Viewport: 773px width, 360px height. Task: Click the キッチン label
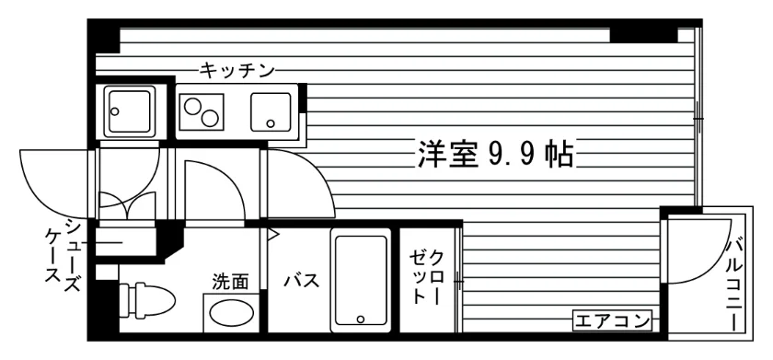pos(237,72)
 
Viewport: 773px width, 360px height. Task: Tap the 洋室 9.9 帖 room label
pos(494,155)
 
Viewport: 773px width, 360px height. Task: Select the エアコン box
pos(612,321)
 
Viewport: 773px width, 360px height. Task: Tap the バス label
pos(302,282)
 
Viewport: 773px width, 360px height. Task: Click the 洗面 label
pos(230,282)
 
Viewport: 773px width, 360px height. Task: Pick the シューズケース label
pos(63,255)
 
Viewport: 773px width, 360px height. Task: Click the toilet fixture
pos(147,299)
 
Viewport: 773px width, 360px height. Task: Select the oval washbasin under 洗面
pos(231,312)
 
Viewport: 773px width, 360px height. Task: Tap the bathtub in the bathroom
pos(361,280)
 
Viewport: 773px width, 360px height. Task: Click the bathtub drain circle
pos(361,319)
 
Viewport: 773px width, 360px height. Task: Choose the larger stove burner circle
pos(210,119)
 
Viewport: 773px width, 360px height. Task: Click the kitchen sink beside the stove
pos(271,112)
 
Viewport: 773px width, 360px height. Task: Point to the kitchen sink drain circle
pos(270,123)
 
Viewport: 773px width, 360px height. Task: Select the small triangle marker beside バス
pos(273,235)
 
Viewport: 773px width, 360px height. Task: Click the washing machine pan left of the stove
pos(129,111)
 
